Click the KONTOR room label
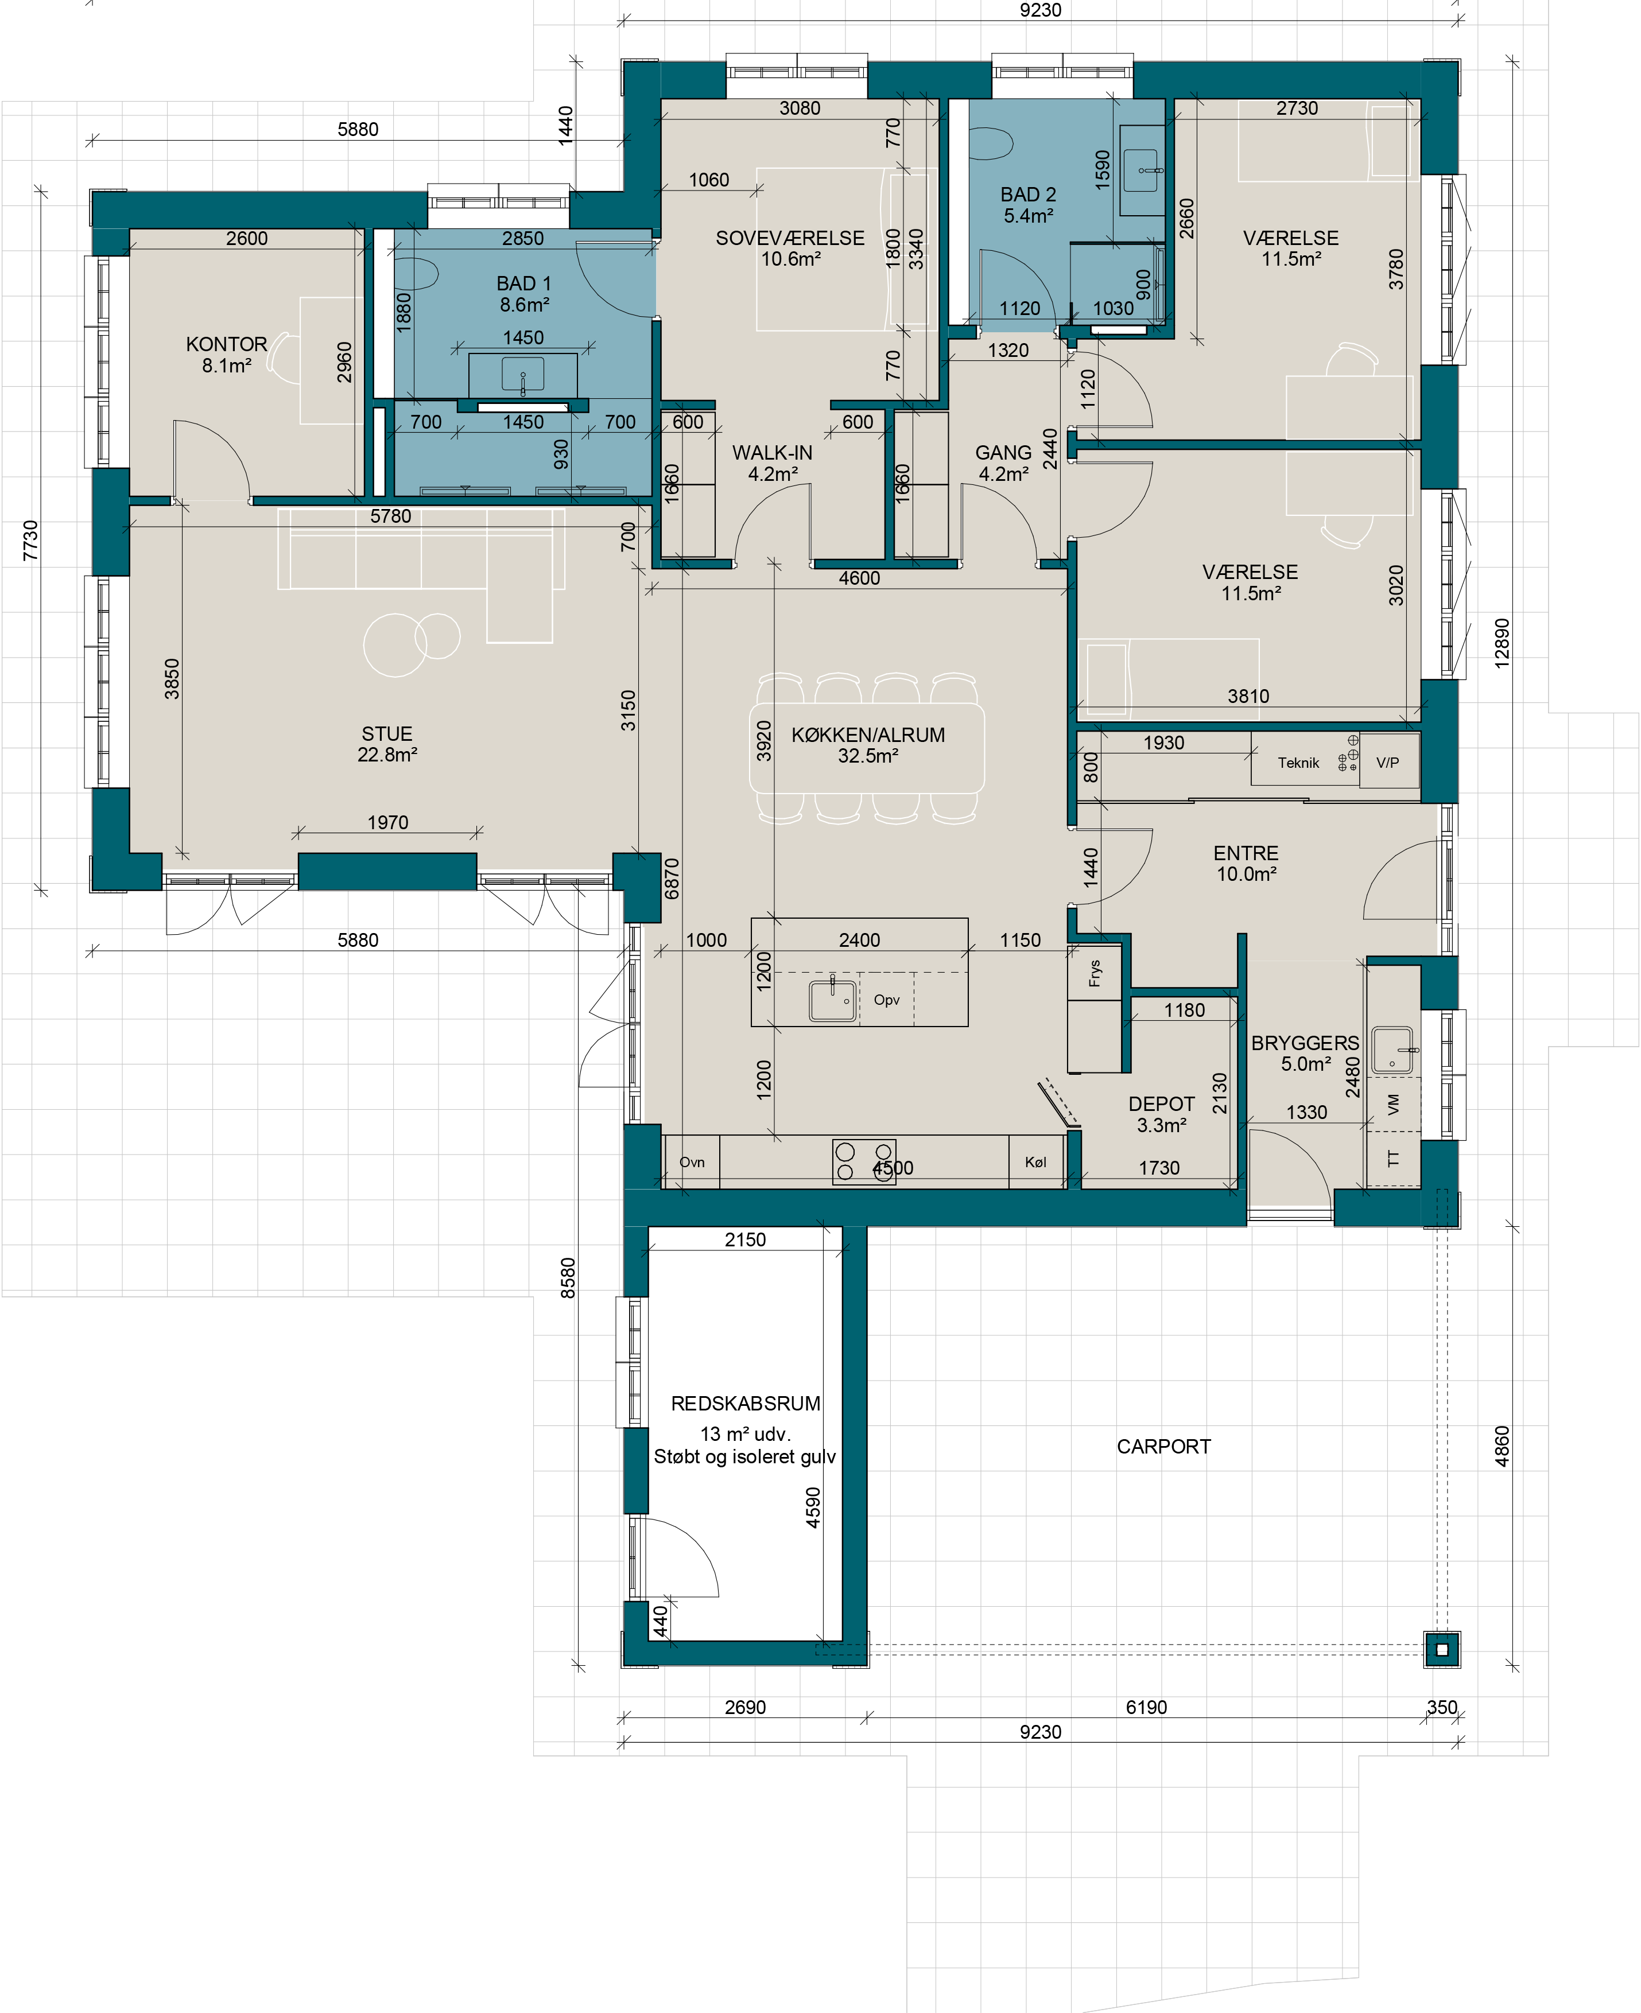pyautogui.click(x=227, y=344)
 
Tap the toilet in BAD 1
pyautogui.click(x=416, y=274)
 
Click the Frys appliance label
pyautogui.click(x=1095, y=973)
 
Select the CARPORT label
pyautogui.click(x=1163, y=1447)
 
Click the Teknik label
pyautogui.click(x=1298, y=763)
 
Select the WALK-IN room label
pyautogui.click(x=773, y=453)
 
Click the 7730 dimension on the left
pyautogui.click(x=30, y=541)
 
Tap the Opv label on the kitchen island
pyautogui.click(x=887, y=1000)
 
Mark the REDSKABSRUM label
pyautogui.click(x=746, y=1404)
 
